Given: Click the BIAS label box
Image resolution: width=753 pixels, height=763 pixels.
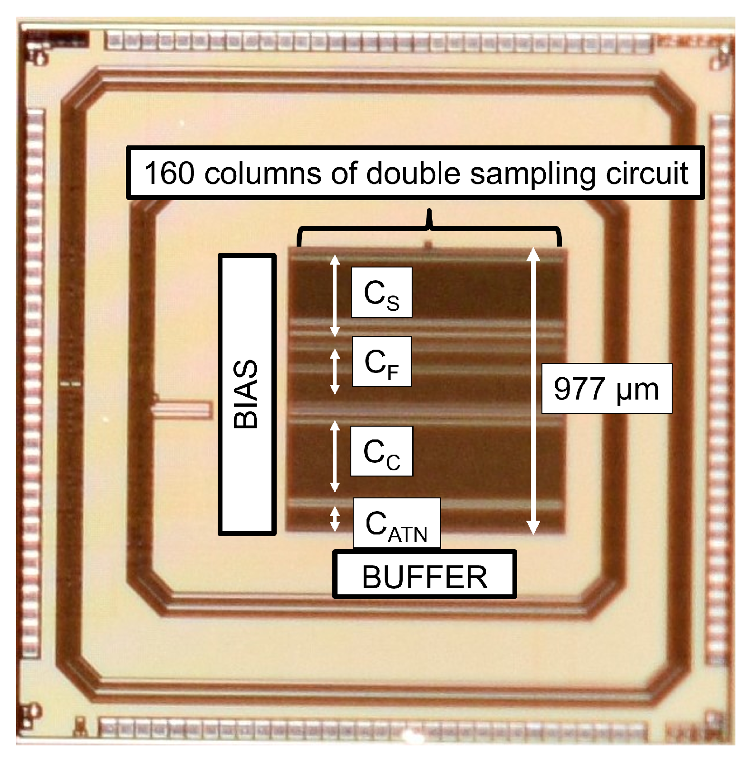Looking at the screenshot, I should pos(247,394).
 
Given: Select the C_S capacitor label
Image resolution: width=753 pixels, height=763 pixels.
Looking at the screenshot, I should pos(381,293).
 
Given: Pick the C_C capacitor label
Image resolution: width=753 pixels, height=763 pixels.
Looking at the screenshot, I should pos(381,451).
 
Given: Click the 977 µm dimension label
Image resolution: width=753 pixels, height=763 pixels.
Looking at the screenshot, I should pos(606,389).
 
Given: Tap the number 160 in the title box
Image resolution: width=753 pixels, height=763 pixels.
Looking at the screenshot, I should pos(169,173).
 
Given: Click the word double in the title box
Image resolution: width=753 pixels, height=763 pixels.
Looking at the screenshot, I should pos(413,173).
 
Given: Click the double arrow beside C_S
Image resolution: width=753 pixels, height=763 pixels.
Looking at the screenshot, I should pos(335,296).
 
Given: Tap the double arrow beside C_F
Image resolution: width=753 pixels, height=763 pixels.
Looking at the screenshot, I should pos(335,372).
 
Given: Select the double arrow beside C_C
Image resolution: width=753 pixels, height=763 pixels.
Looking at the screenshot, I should pos(335,456).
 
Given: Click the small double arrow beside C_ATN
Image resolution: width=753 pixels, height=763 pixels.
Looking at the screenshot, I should pos(335,519).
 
